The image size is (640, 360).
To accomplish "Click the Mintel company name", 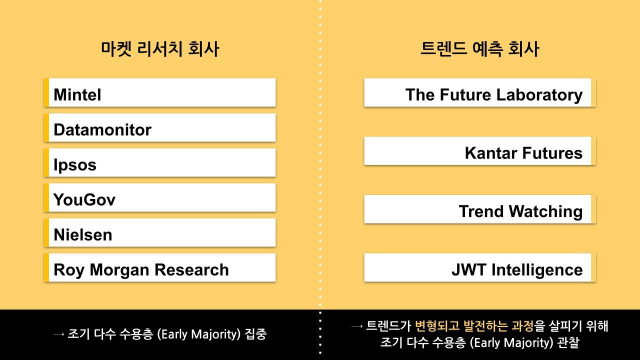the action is pyautogui.click(x=77, y=94).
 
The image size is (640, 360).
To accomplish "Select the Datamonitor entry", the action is pyautogui.click(x=102, y=129).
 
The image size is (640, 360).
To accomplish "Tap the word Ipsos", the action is pyautogui.click(x=75, y=165).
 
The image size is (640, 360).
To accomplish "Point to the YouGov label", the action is pyautogui.click(x=84, y=199).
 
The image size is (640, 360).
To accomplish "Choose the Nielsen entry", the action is pyautogui.click(x=83, y=235).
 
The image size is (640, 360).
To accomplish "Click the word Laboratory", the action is pyautogui.click(x=539, y=95).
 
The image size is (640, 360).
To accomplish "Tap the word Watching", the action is pyautogui.click(x=545, y=211).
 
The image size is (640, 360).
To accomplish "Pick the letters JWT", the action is pyautogui.click(x=468, y=269).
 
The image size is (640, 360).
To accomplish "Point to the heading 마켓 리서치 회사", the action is pyautogui.click(x=160, y=49).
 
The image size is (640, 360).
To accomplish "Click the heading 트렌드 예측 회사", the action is pyautogui.click(x=480, y=49).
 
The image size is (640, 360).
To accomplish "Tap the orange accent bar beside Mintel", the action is pyautogui.click(x=46, y=92).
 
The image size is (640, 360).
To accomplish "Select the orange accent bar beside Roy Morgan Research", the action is pyautogui.click(x=46, y=267).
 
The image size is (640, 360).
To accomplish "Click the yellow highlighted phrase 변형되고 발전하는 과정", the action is pyautogui.click(x=474, y=325).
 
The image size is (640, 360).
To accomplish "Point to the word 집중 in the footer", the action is pyautogui.click(x=255, y=334).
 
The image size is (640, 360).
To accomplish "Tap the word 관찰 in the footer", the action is pyautogui.click(x=568, y=342).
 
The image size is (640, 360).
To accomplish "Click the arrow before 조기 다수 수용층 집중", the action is pyautogui.click(x=58, y=334).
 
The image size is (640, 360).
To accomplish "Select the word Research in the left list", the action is pyautogui.click(x=191, y=269).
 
